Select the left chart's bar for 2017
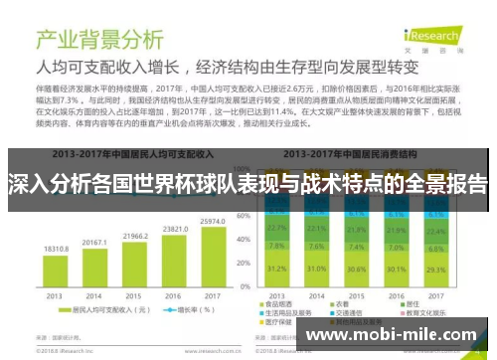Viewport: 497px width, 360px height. click(x=211, y=262)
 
